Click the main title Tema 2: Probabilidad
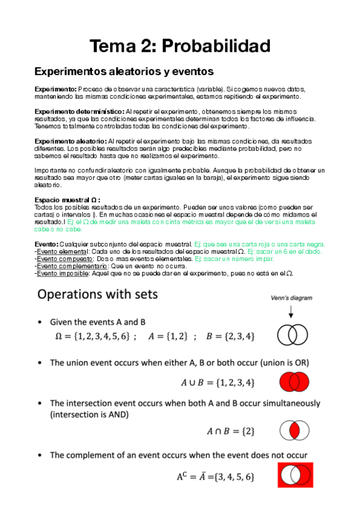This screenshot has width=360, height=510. coord(180,46)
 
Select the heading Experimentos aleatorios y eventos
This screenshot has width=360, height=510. coord(124,72)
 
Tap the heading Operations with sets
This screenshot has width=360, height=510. coord(98,295)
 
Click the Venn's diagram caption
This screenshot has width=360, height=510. coord(291,297)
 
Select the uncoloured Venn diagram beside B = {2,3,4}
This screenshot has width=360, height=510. coord(294,334)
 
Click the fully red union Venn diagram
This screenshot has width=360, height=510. coord(294,381)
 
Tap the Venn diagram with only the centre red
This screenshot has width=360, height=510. coord(294,431)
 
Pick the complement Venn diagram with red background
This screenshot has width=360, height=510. coord(294,475)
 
